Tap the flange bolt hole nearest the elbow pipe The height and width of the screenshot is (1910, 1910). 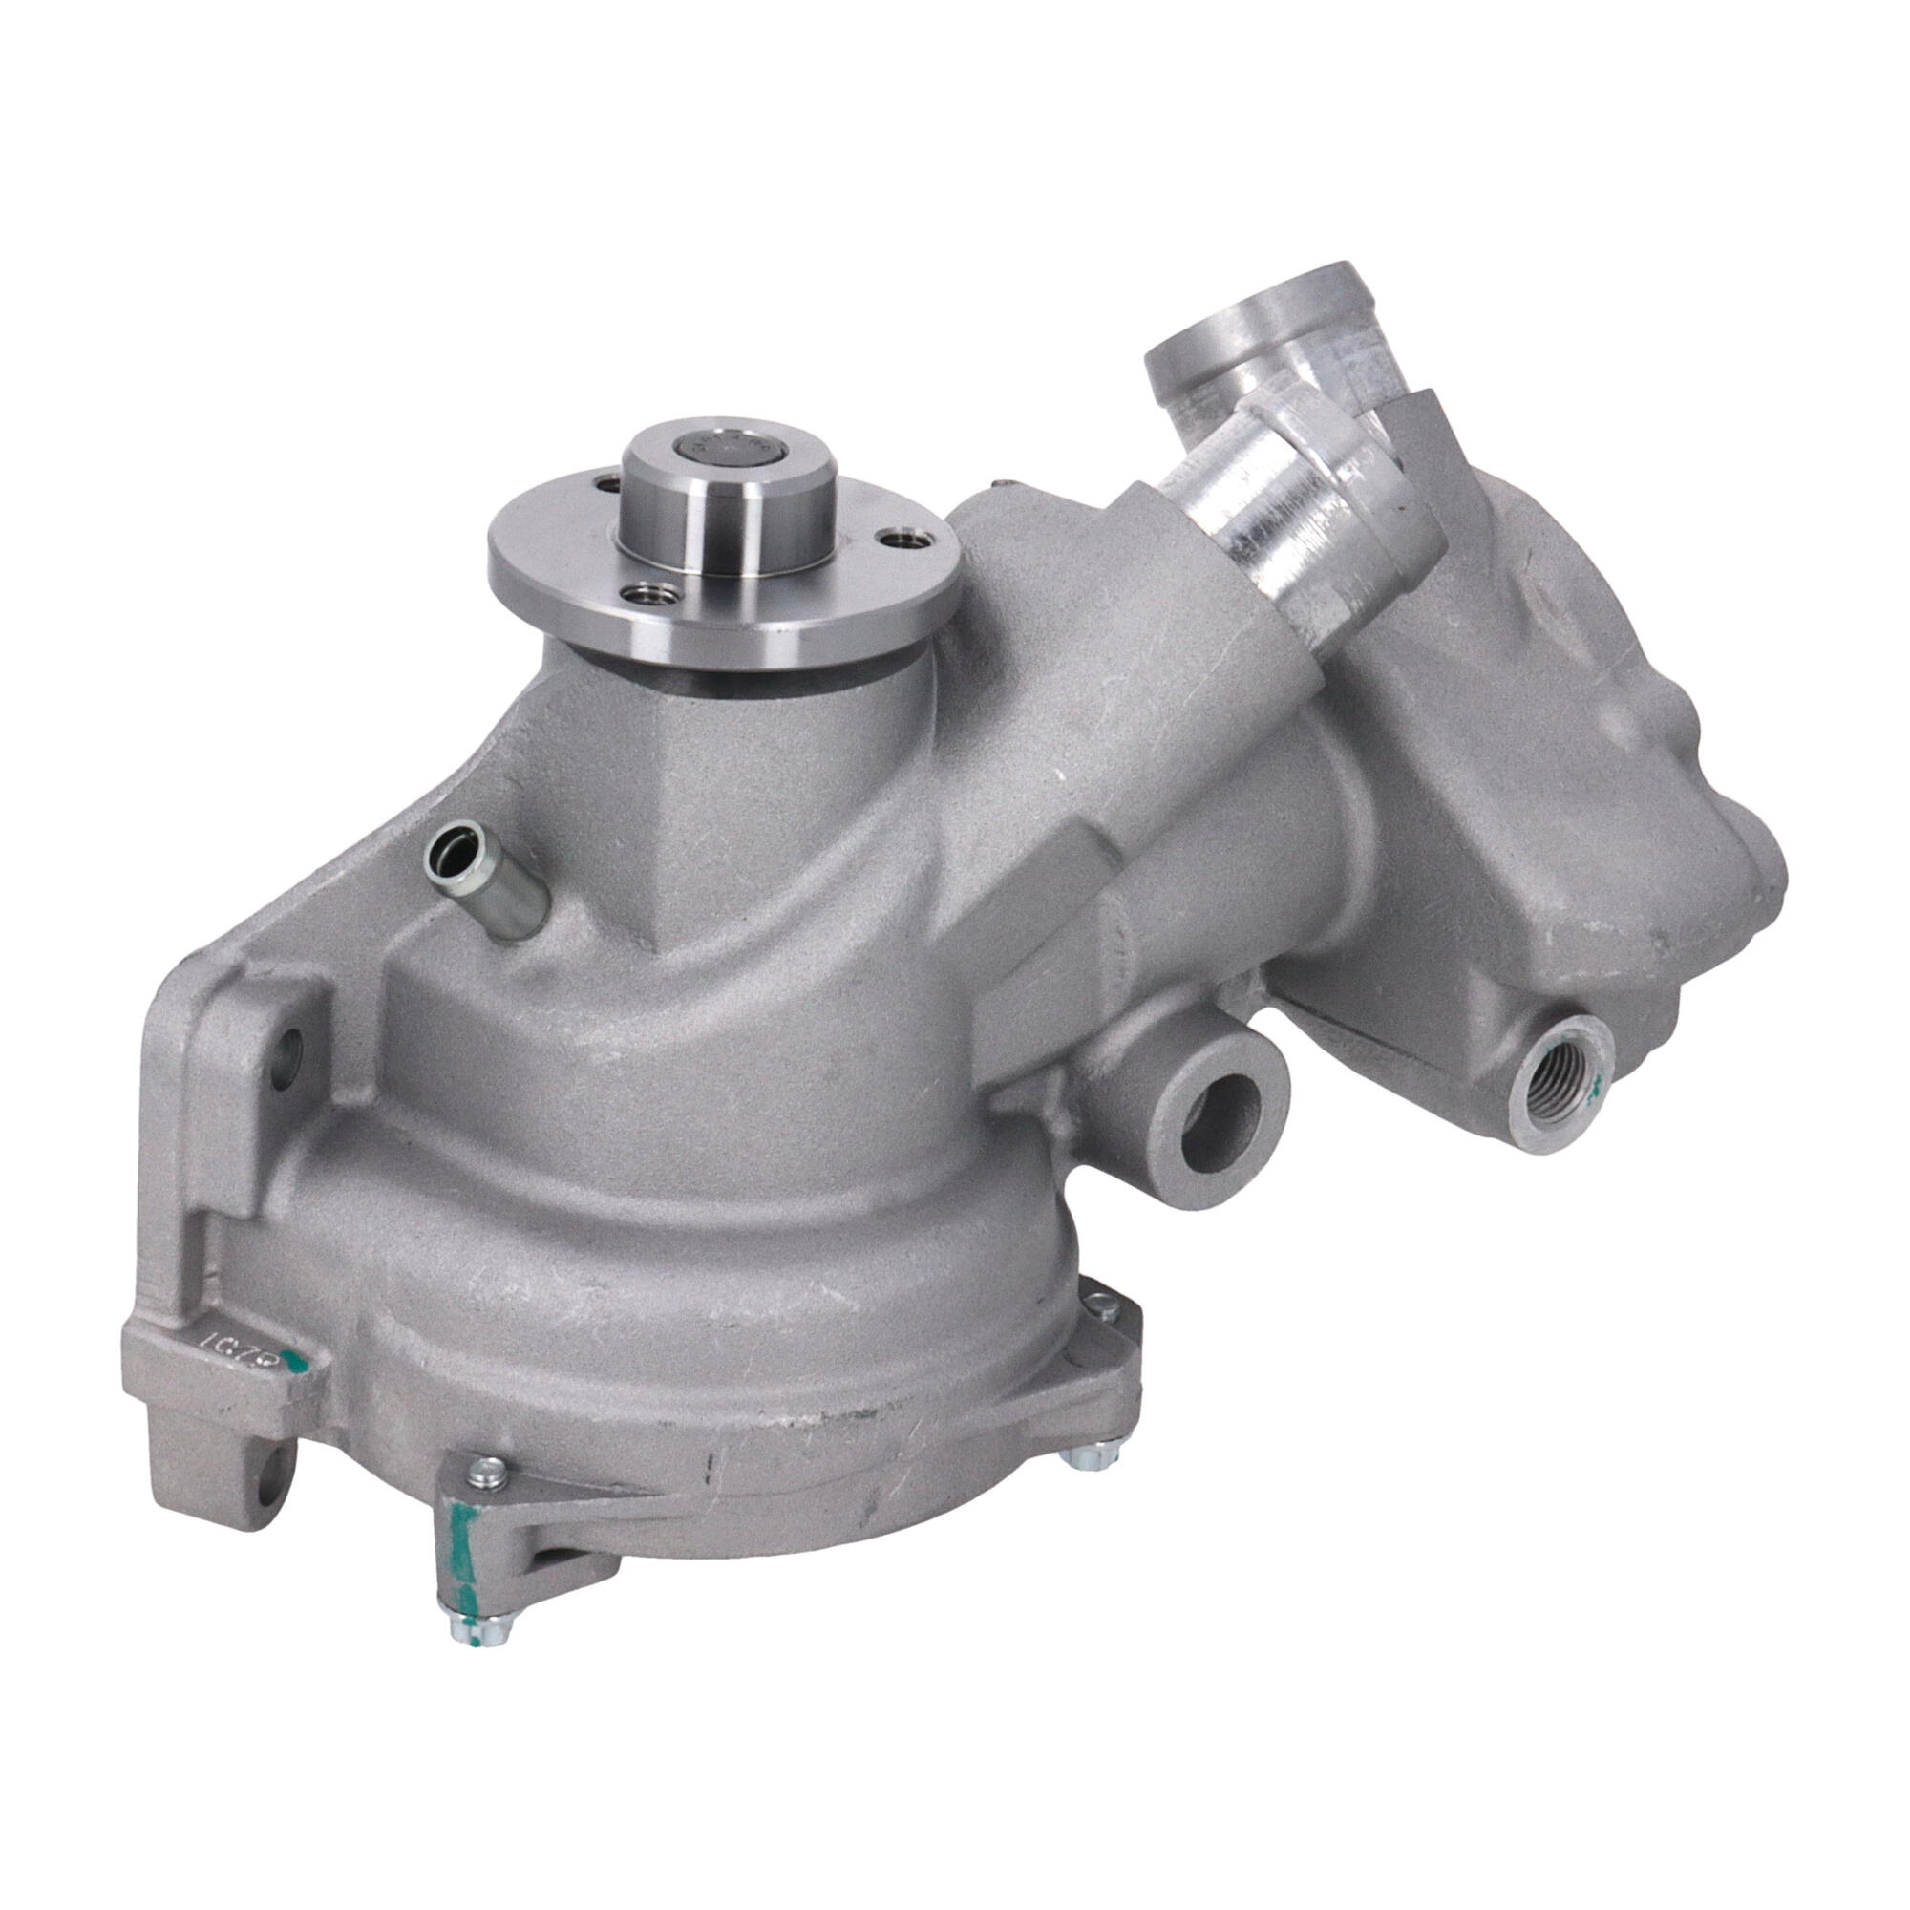tap(902, 540)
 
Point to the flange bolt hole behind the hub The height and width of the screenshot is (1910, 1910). tap(600, 483)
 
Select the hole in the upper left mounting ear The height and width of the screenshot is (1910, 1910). tap(287, 1050)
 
